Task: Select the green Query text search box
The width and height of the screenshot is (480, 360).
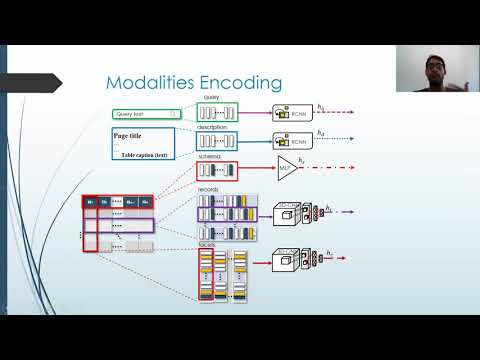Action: [146, 114]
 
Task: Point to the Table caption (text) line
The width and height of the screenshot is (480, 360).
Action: [144, 156]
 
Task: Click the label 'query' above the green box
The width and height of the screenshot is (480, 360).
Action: [211, 97]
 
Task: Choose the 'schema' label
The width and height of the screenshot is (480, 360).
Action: [209, 157]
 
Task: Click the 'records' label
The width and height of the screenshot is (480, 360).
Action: [210, 189]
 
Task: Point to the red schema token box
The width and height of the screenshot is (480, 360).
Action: [217, 171]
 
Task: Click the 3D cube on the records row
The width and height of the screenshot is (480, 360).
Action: [283, 213]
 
